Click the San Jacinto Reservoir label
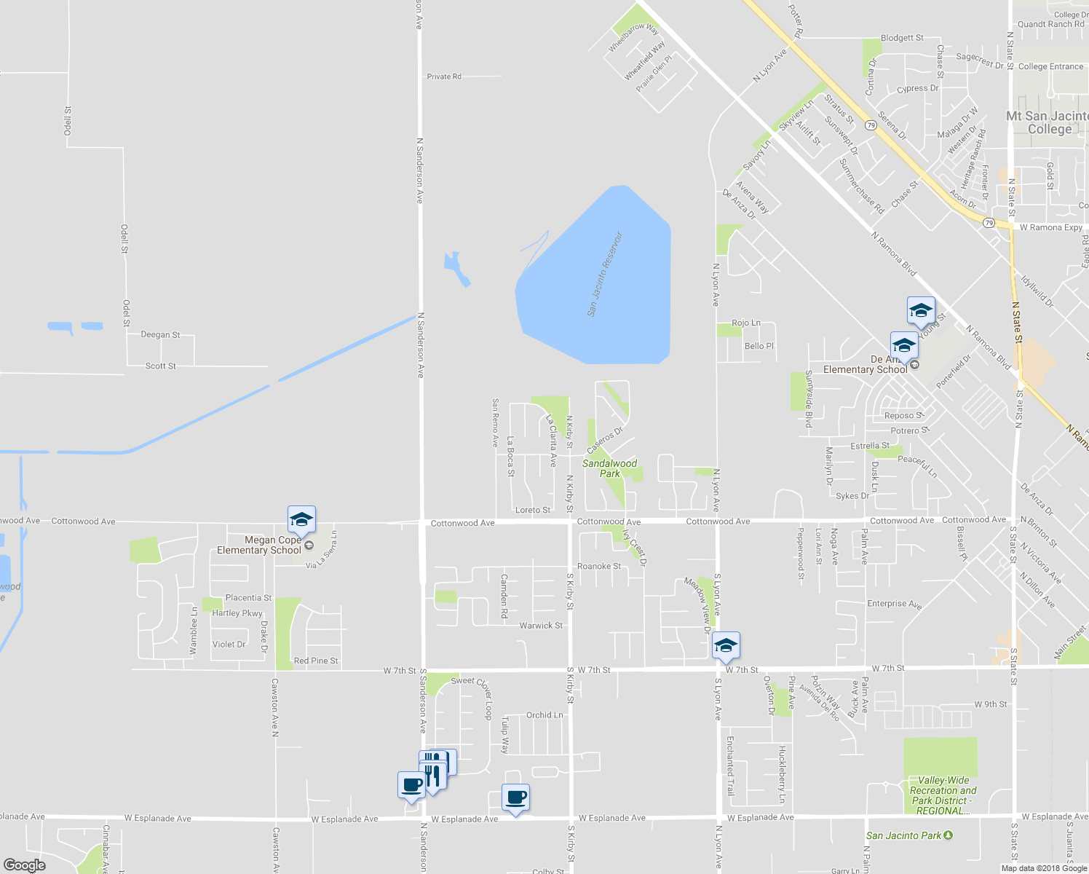pyautogui.click(x=606, y=275)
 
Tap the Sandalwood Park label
pyautogui.click(x=609, y=468)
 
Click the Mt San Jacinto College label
pyautogui.click(x=1048, y=122)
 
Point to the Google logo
pyautogui.click(x=24, y=865)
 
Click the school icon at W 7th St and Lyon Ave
pyautogui.click(x=725, y=646)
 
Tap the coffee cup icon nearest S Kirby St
pyautogui.click(x=516, y=798)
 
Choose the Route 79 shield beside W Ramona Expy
pyautogui.click(x=988, y=223)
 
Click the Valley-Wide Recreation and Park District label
pyautogui.click(x=943, y=795)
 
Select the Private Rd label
pyautogui.click(x=443, y=76)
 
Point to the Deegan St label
pyautogui.click(x=160, y=335)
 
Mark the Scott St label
pyautogui.click(x=160, y=366)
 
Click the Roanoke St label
pyautogui.click(x=599, y=566)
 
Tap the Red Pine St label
pyautogui.click(x=316, y=661)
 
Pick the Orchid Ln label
pyautogui.click(x=544, y=715)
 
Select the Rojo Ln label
pyautogui.click(x=745, y=323)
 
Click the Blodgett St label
pyautogui.click(x=901, y=38)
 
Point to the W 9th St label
pyautogui.click(x=991, y=704)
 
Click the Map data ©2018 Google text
pyautogui.click(x=1043, y=868)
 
